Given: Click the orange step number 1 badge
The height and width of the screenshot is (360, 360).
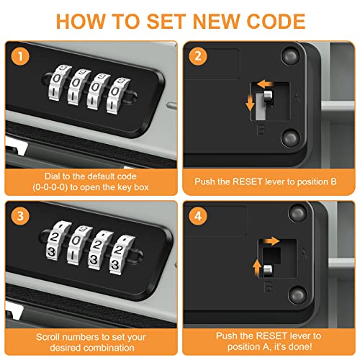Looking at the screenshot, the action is pyautogui.click(x=20, y=56).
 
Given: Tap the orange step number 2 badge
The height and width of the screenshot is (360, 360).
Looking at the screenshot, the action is pyautogui.click(x=198, y=56).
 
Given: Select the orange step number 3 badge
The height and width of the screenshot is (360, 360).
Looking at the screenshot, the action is pyautogui.click(x=20, y=216).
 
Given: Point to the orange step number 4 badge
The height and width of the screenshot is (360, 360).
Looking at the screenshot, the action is pyautogui.click(x=198, y=216).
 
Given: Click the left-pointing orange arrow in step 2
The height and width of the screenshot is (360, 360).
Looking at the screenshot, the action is pyautogui.click(x=265, y=84).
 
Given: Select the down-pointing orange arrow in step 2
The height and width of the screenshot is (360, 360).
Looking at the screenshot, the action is pyautogui.click(x=250, y=102).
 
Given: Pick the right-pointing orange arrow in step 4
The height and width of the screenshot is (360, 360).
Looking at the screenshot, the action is pyautogui.click(x=271, y=241).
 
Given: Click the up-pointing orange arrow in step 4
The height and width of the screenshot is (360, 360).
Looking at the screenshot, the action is pyautogui.click(x=257, y=267).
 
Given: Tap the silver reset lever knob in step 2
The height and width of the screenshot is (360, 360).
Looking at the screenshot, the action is pyautogui.click(x=268, y=97).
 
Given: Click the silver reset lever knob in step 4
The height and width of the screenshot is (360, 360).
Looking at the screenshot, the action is pyautogui.click(x=268, y=271).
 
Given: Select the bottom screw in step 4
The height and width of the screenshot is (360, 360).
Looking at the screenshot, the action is pyautogui.click(x=297, y=294).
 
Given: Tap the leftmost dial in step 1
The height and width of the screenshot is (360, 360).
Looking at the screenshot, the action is pyautogui.click(x=58, y=83).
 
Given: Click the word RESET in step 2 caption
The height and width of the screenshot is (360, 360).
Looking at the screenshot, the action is pyautogui.click(x=247, y=181).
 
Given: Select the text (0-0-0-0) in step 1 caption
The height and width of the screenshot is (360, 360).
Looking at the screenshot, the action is pyautogui.click(x=50, y=187).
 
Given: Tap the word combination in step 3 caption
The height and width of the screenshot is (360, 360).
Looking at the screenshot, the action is pyautogui.click(x=109, y=348).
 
